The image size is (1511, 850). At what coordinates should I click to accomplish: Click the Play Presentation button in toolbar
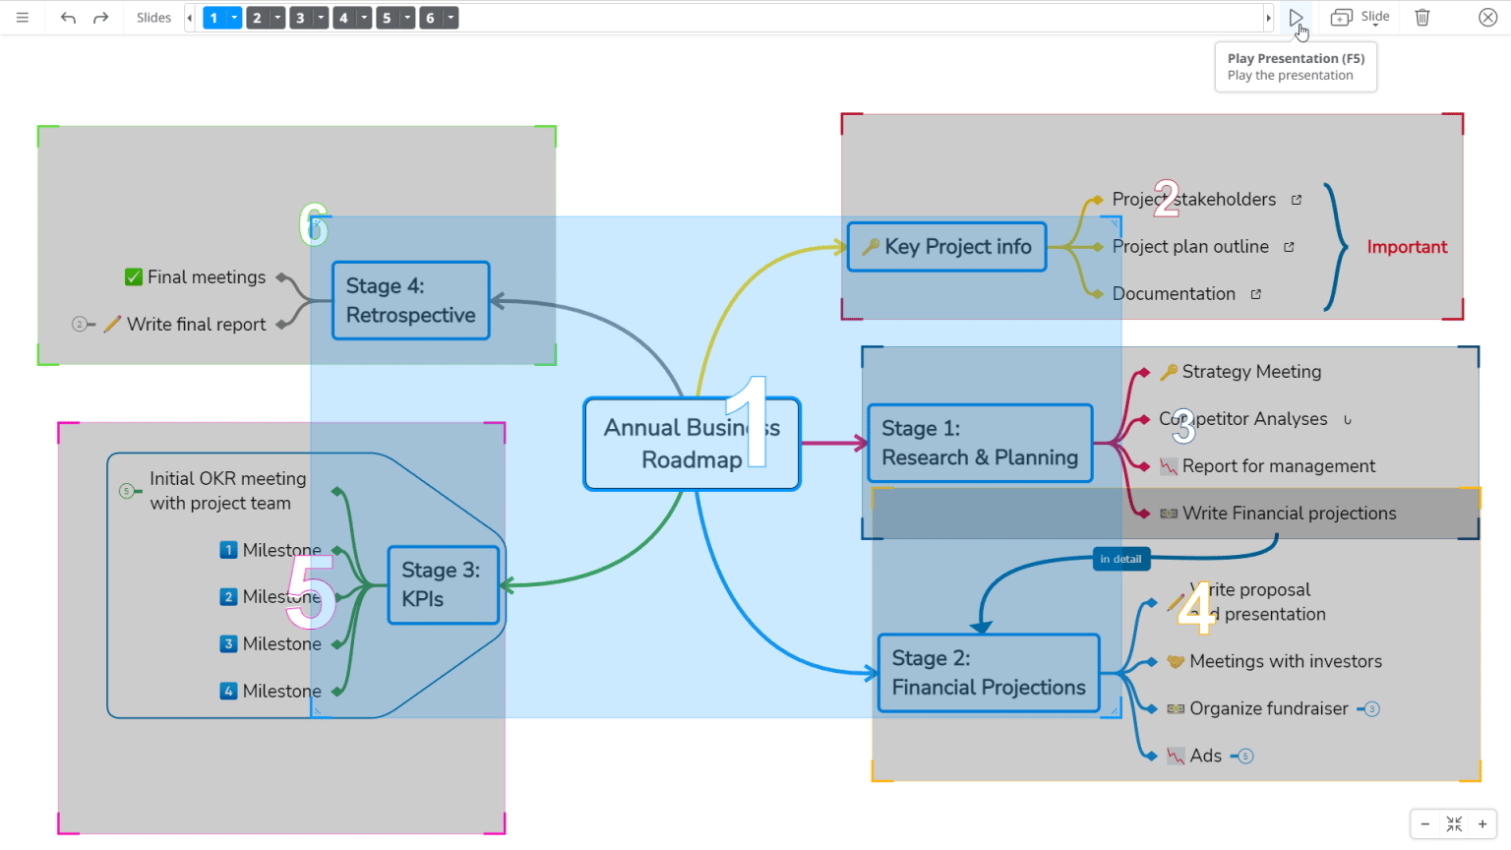click(1296, 18)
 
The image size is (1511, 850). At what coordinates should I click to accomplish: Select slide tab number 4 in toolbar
click(343, 18)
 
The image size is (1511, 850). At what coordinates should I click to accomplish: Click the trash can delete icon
click(1422, 18)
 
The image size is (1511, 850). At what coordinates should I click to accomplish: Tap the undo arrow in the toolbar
click(68, 18)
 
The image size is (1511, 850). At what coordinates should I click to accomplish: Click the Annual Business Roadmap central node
click(692, 444)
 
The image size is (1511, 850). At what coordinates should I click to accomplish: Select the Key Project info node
click(946, 247)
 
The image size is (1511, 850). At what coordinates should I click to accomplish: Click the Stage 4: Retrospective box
click(410, 300)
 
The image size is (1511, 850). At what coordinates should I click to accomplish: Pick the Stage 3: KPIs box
click(443, 584)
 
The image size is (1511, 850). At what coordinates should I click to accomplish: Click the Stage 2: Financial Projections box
click(988, 673)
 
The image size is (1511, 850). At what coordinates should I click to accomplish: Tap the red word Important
click(1407, 247)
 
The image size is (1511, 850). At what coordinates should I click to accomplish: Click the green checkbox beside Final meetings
click(134, 277)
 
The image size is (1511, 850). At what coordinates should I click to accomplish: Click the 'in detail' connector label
click(1120, 559)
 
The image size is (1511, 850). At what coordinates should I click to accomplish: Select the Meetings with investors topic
click(1285, 661)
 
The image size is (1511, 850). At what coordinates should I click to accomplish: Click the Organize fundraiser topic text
click(1268, 708)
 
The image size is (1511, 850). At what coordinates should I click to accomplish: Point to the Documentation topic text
click(1173, 294)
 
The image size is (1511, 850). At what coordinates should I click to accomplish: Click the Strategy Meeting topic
click(1250, 372)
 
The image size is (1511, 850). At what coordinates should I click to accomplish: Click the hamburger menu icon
click(23, 18)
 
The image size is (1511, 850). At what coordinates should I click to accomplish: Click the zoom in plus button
click(1482, 824)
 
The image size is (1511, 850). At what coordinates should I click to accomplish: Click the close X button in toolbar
click(1487, 18)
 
